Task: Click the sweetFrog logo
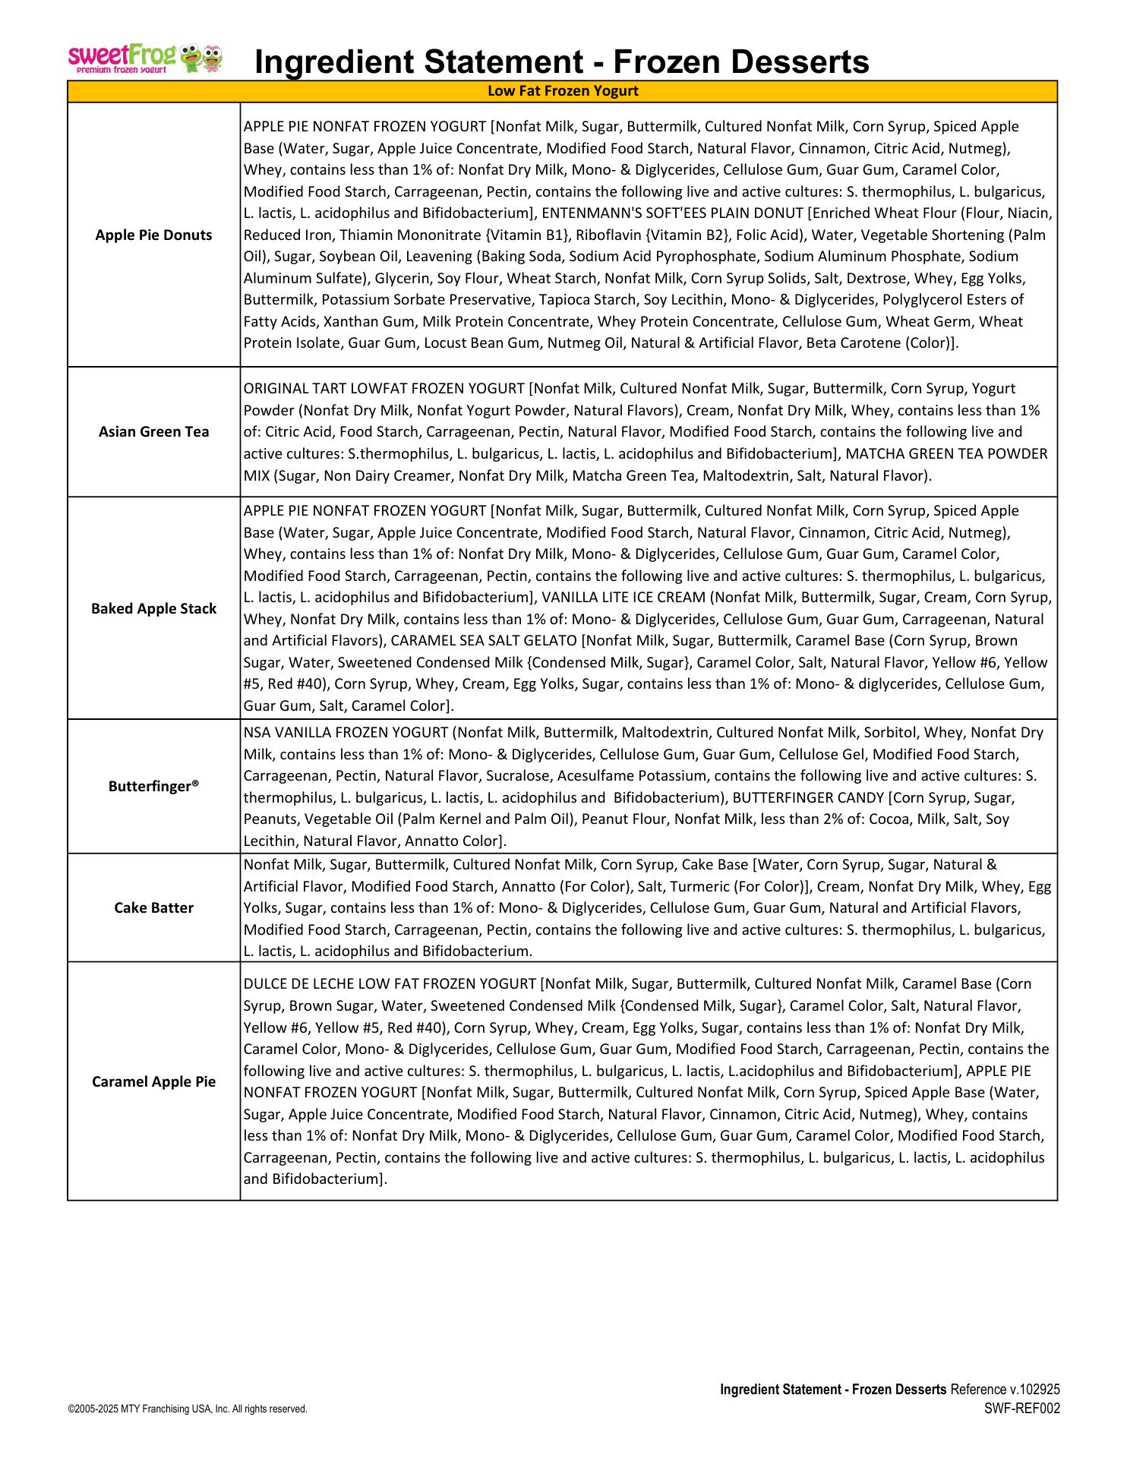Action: [x=145, y=58]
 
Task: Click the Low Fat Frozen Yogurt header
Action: [x=562, y=91]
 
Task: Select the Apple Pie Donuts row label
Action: [x=153, y=235]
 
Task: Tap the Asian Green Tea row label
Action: [x=153, y=431]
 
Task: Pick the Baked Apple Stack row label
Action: [x=153, y=608]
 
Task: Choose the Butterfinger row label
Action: [x=153, y=786]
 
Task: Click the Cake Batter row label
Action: [x=153, y=907]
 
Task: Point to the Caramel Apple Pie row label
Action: [x=153, y=1081]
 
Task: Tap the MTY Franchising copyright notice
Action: [x=187, y=1409]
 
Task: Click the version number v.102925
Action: [x=1034, y=1390]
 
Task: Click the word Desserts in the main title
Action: [x=789, y=61]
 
